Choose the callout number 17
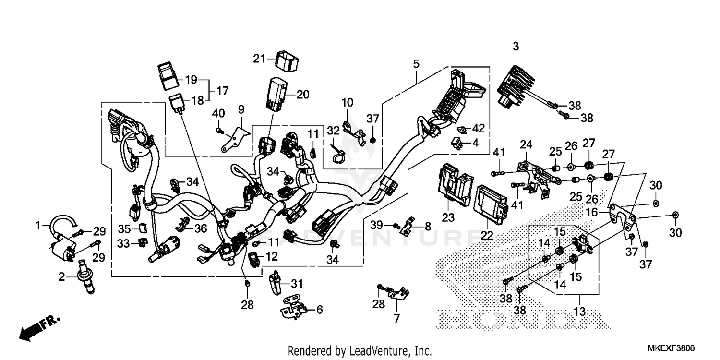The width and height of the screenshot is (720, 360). click(x=222, y=90)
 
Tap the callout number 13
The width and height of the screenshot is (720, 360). click(x=580, y=312)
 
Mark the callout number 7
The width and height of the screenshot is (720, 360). click(x=396, y=318)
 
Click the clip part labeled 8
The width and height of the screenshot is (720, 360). click(x=408, y=226)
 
